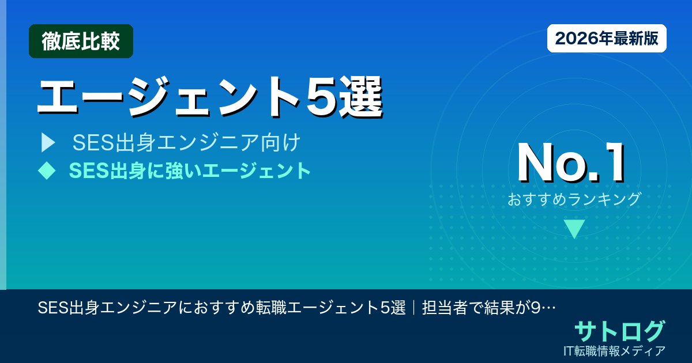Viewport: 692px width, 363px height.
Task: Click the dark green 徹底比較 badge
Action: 81,41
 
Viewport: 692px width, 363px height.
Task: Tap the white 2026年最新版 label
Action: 607,39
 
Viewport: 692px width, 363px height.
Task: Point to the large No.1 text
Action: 571,163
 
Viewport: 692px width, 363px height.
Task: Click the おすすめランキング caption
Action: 574,199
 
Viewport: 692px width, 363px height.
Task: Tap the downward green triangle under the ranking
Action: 574,229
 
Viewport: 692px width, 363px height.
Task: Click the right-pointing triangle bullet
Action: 48,143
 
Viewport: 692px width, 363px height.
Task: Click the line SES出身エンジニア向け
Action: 186,143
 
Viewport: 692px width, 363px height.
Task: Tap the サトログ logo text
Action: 619,331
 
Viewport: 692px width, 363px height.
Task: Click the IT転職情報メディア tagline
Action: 616,350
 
